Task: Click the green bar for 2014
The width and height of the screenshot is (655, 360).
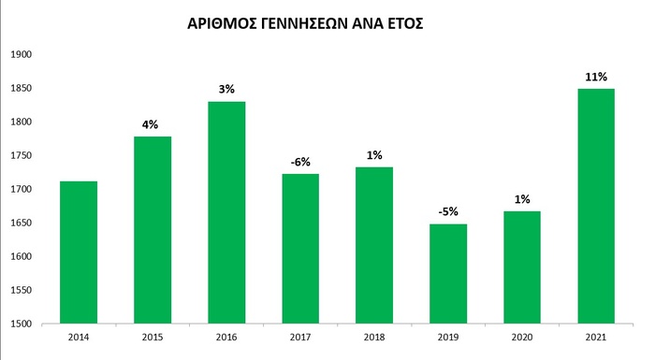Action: tap(79, 252)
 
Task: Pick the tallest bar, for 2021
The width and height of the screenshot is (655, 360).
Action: tap(595, 207)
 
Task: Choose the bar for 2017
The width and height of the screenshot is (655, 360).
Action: tap(299, 249)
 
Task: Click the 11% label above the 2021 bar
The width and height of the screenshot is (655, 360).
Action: tap(595, 77)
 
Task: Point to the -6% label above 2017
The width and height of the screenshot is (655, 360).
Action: tap(299, 162)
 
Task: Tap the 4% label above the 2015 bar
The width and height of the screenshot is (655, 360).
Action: tap(153, 124)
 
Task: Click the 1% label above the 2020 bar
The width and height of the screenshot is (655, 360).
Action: tap(521, 199)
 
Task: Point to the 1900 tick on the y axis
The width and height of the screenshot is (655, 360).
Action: tap(21, 54)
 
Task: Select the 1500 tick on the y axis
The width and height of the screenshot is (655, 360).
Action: tap(21, 324)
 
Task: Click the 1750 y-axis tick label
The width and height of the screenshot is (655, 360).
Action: tap(21, 155)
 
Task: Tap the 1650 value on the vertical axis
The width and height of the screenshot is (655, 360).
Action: tap(21, 223)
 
